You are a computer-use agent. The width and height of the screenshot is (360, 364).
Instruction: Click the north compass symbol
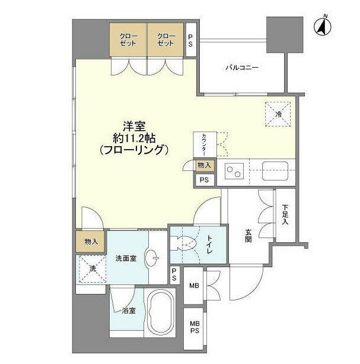(x=323, y=26)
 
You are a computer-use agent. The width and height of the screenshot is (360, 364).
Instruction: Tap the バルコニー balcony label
(x=242, y=68)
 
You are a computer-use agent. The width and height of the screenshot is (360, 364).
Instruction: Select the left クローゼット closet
(x=128, y=40)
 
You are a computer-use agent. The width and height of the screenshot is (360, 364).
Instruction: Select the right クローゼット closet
(x=165, y=40)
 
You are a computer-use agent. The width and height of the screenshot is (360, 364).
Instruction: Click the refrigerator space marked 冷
(x=278, y=114)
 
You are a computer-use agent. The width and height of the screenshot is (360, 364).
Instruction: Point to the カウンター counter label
(x=204, y=144)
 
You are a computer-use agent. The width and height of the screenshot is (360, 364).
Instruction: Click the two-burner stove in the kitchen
(x=234, y=171)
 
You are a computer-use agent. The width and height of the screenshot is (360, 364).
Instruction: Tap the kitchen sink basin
(x=275, y=171)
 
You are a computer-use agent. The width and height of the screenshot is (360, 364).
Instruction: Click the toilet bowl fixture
(x=184, y=243)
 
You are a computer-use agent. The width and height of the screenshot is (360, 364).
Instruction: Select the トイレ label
(x=209, y=245)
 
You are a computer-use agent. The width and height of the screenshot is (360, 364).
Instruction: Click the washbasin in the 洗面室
(x=152, y=258)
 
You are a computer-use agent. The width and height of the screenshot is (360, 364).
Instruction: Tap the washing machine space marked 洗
(x=92, y=269)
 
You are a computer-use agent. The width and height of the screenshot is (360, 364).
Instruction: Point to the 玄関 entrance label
(x=249, y=235)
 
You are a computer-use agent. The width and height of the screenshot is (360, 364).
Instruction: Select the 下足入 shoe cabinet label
(x=285, y=214)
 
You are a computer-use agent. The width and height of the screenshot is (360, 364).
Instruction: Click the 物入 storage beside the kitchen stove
(x=204, y=166)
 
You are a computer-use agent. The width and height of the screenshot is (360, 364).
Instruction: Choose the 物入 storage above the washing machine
(x=91, y=242)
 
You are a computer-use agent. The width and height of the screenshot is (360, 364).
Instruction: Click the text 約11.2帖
(x=134, y=139)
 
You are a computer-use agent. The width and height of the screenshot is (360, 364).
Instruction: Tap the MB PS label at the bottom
(x=195, y=327)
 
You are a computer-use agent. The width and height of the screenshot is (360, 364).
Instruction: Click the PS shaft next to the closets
(x=191, y=40)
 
